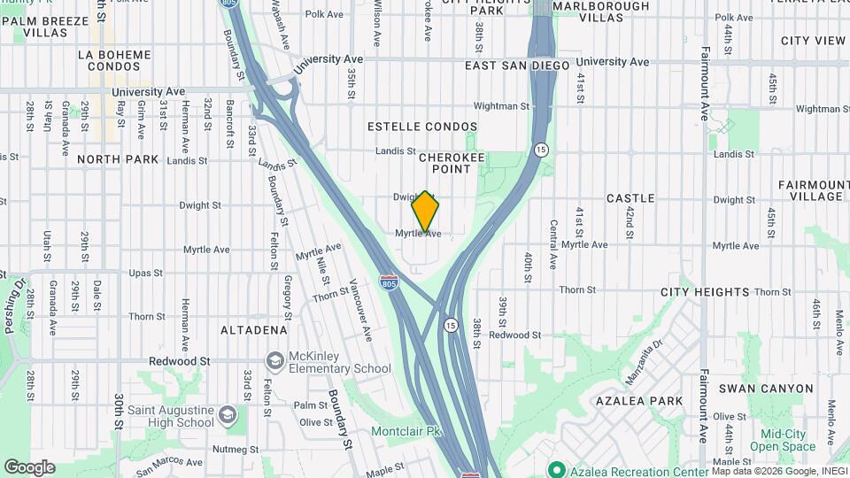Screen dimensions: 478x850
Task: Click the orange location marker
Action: (x=426, y=211)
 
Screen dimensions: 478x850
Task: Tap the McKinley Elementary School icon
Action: (x=275, y=360)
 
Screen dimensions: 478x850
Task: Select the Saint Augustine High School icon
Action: (x=228, y=415)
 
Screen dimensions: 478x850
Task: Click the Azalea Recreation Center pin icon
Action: (x=556, y=468)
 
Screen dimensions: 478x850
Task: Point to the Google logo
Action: (x=29, y=467)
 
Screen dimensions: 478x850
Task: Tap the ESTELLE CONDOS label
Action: (x=422, y=127)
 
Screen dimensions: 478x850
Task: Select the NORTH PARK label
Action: (x=118, y=159)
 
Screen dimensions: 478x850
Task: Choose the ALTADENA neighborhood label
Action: (x=253, y=329)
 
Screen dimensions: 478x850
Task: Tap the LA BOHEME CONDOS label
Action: (x=110, y=60)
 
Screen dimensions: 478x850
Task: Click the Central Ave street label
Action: (x=552, y=244)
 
